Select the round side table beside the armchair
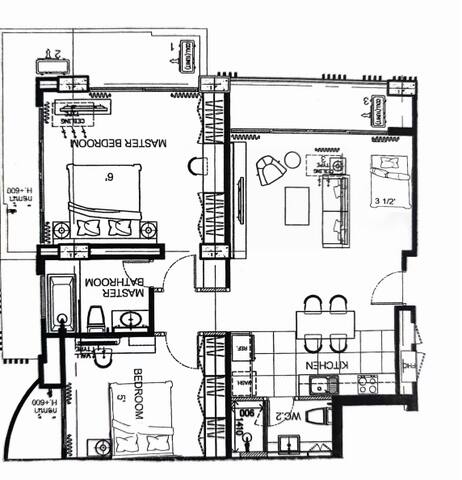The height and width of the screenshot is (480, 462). pos(291,159)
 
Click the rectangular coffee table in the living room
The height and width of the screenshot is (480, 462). pos(298,205)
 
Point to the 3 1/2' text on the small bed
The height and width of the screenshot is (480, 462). pos(388,201)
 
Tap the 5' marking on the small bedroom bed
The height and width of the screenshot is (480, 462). pos(121,409)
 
